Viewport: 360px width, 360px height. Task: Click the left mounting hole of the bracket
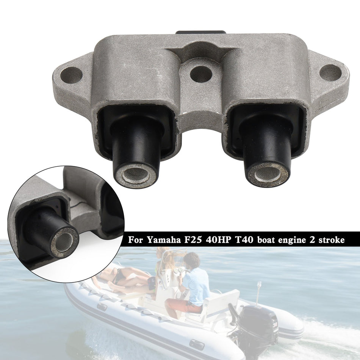pos(71,75)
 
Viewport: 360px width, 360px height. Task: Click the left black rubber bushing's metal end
pos(136,175)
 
